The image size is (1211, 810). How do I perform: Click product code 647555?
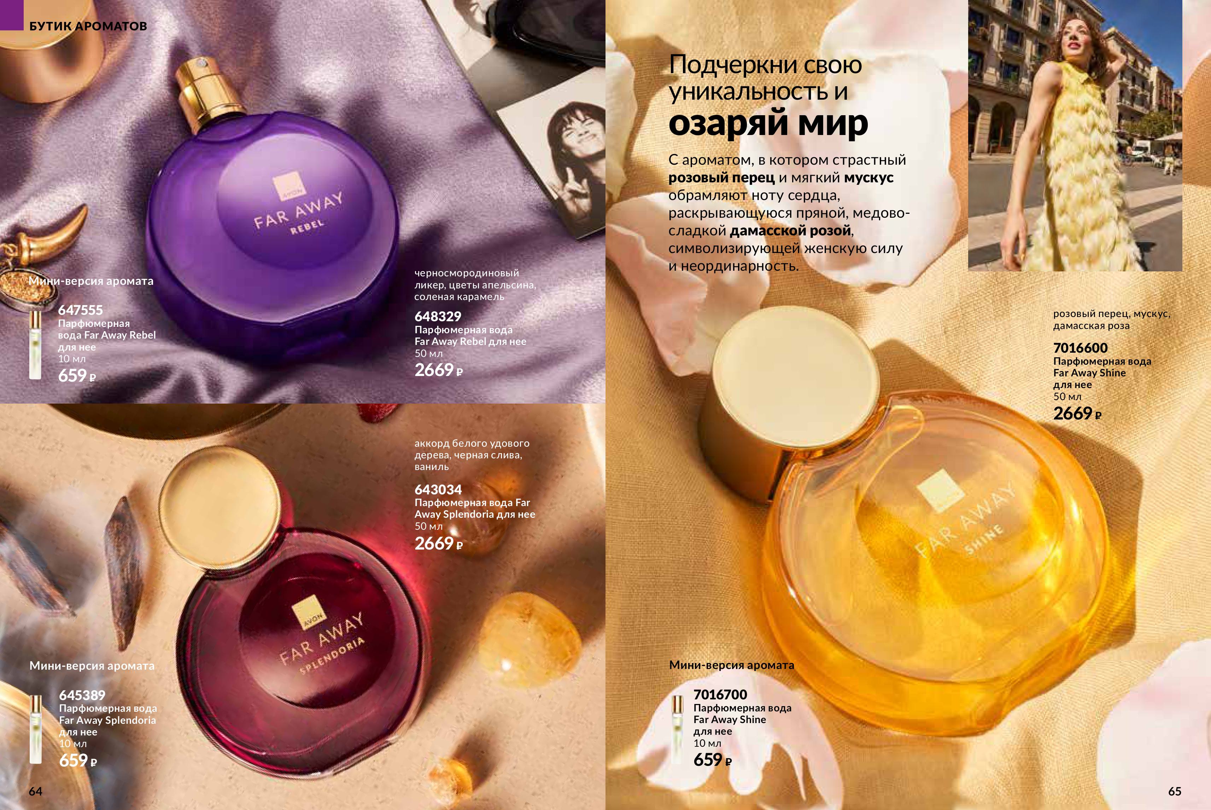coord(81,310)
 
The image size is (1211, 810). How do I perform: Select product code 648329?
coord(438,316)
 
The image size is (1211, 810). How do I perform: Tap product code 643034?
coord(438,489)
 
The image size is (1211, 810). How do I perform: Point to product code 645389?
coord(82,695)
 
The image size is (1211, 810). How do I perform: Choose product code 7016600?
coord(1080,348)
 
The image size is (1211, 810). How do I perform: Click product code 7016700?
coord(720,694)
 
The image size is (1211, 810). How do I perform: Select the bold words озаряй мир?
coord(768,123)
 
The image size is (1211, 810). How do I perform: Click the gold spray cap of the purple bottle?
coord(205,91)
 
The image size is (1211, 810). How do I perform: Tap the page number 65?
coord(1175,791)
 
